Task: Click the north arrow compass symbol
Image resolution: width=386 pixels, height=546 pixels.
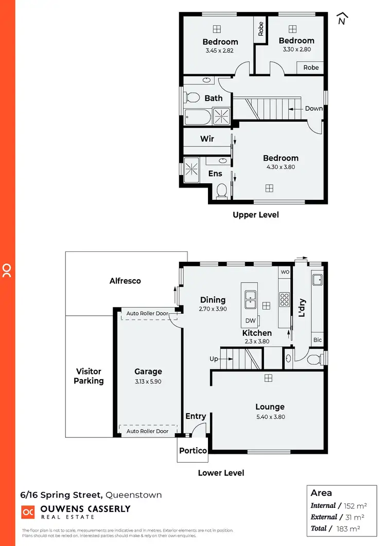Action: (x=342, y=19)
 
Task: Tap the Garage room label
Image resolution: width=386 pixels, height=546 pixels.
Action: (x=148, y=371)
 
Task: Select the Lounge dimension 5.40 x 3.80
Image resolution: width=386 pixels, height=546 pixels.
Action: (x=270, y=417)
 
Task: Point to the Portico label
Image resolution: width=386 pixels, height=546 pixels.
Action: (x=193, y=450)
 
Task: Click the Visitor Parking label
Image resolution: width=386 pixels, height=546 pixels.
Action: (x=89, y=376)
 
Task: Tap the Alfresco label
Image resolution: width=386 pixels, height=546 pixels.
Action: (x=125, y=281)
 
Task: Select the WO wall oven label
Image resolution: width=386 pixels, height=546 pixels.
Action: (x=284, y=271)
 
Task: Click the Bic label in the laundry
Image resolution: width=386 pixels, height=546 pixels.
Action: (x=318, y=340)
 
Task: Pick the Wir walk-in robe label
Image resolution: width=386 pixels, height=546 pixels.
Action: (x=207, y=139)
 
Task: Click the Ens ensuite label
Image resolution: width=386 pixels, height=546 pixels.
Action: (x=215, y=174)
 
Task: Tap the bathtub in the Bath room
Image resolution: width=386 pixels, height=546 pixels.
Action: (x=198, y=117)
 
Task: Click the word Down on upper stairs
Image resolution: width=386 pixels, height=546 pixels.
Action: (x=314, y=108)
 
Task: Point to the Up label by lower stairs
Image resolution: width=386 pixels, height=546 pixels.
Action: (x=214, y=359)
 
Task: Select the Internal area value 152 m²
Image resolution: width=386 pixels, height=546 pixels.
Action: (x=352, y=505)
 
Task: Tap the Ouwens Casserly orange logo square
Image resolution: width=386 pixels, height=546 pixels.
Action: (x=27, y=511)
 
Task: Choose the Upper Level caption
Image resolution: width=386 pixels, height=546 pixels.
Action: (x=256, y=214)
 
